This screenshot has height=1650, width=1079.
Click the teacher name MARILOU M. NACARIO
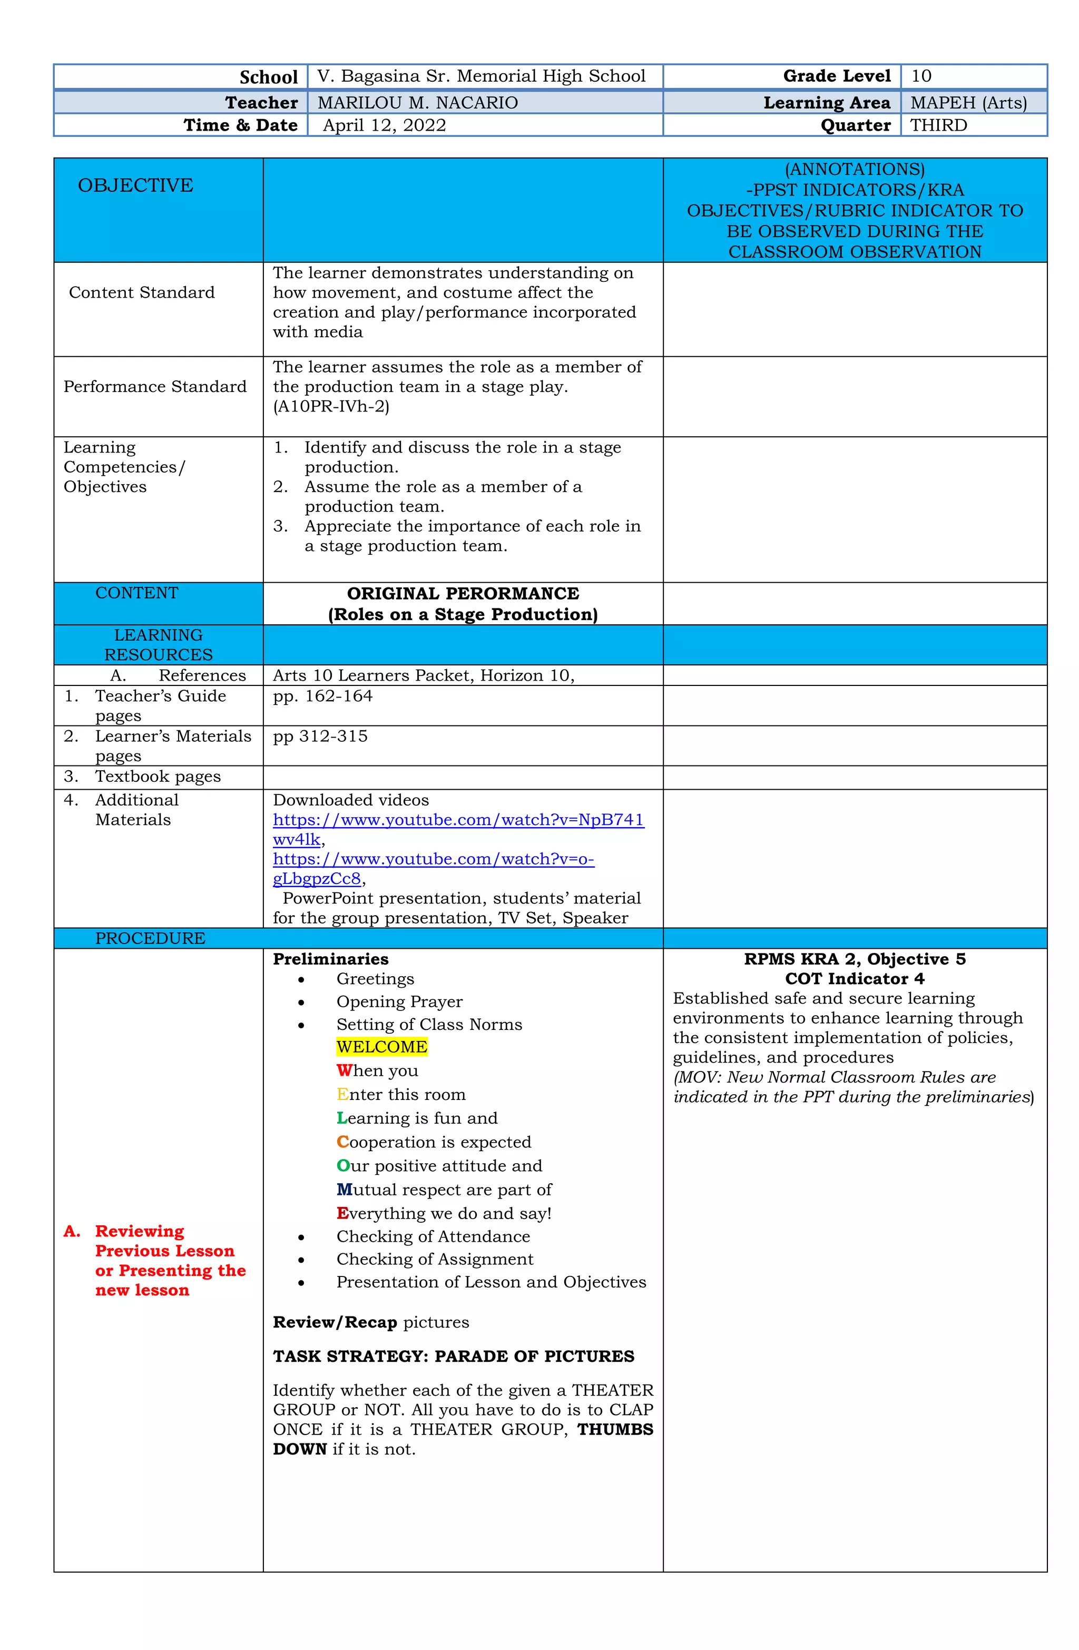click(x=417, y=103)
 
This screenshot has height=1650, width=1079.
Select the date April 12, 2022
click(x=384, y=125)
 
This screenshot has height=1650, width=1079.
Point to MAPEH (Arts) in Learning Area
click(x=967, y=103)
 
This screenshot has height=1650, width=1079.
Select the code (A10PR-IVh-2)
click(x=331, y=406)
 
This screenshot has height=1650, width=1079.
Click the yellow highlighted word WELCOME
click(x=381, y=1047)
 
